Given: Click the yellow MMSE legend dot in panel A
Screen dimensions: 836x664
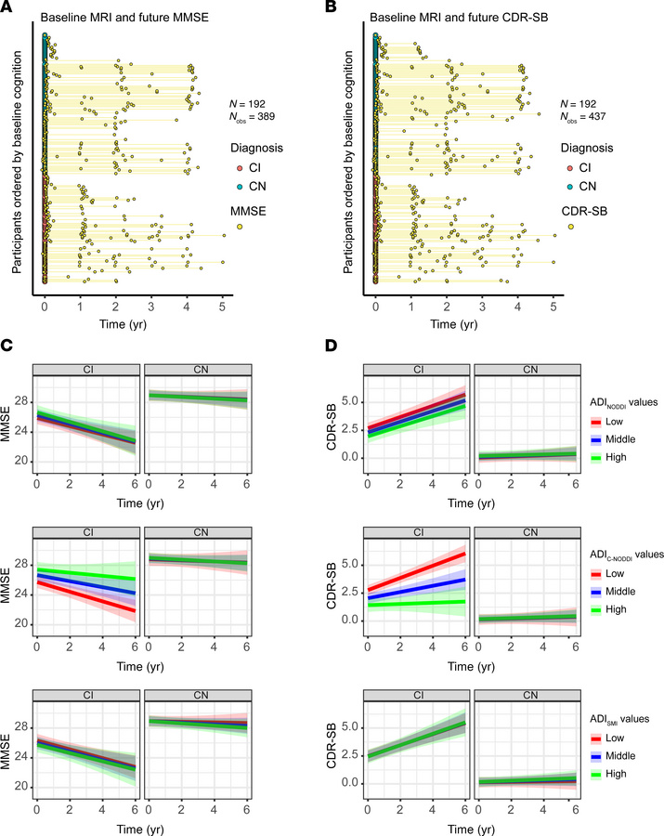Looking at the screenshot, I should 240,227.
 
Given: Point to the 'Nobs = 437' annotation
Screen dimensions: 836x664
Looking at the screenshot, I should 586,117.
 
